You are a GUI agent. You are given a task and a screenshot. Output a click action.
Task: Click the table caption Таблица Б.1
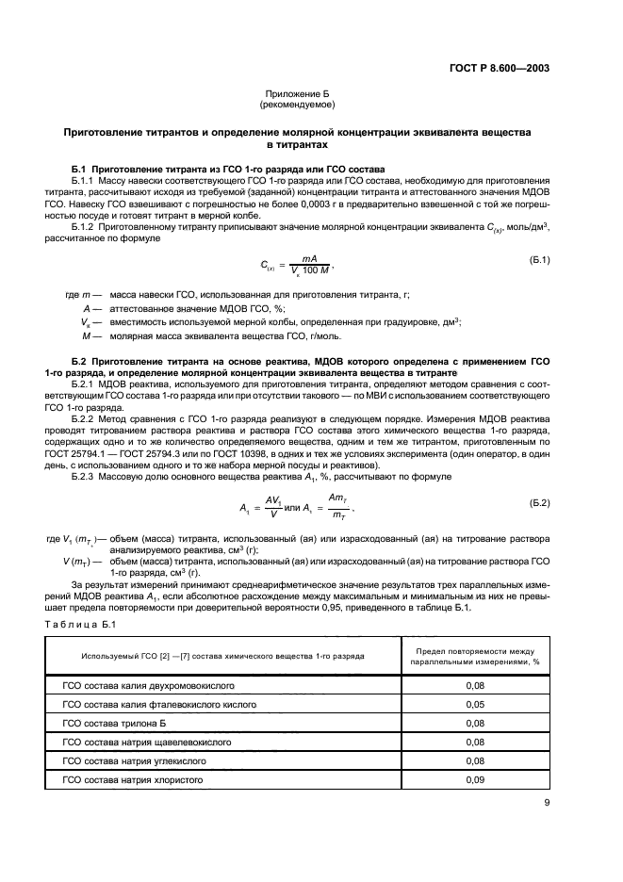click(80, 625)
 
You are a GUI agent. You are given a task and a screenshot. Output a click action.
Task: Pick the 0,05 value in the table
click(475, 704)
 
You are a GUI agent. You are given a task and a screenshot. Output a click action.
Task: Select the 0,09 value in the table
click(475, 780)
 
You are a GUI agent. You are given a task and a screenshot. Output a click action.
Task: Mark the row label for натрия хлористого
click(133, 780)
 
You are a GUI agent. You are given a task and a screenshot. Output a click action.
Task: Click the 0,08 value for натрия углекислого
click(475, 760)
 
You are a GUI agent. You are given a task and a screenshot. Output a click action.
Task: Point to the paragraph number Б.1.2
click(85, 227)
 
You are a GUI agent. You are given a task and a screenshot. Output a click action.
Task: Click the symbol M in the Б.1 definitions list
click(86, 335)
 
